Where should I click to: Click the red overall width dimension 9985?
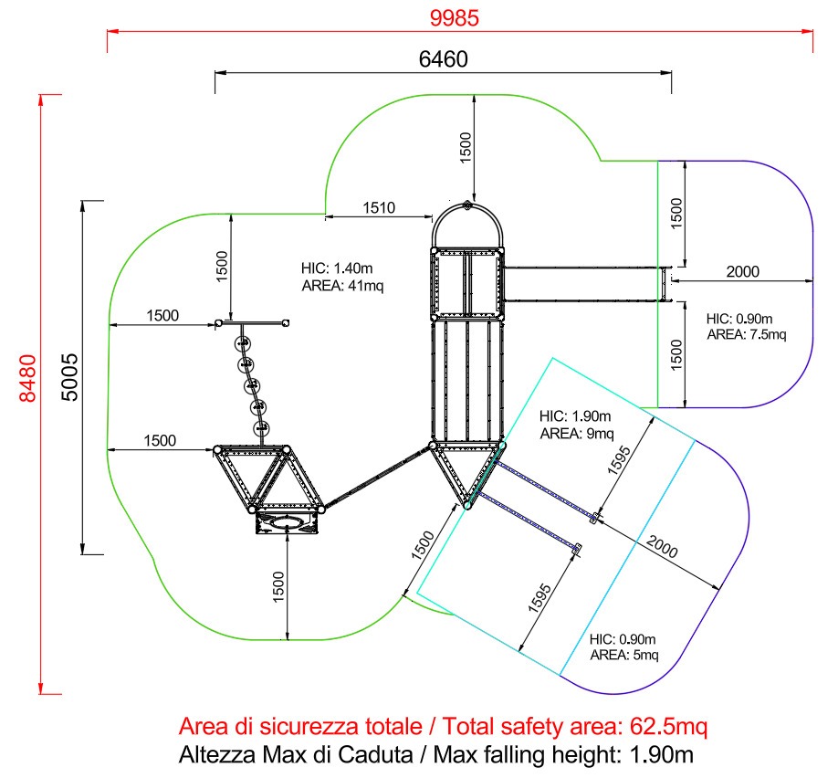point(455,17)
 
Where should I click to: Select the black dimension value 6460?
point(443,58)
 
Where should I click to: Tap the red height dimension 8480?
point(27,377)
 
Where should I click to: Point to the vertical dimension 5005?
point(69,377)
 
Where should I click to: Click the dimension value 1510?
point(379,207)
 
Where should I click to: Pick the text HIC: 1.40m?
point(337,268)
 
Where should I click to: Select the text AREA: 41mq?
point(342,286)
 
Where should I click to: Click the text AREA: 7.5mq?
point(747,335)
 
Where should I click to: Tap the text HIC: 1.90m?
point(575,416)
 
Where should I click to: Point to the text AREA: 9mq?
point(577,433)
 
